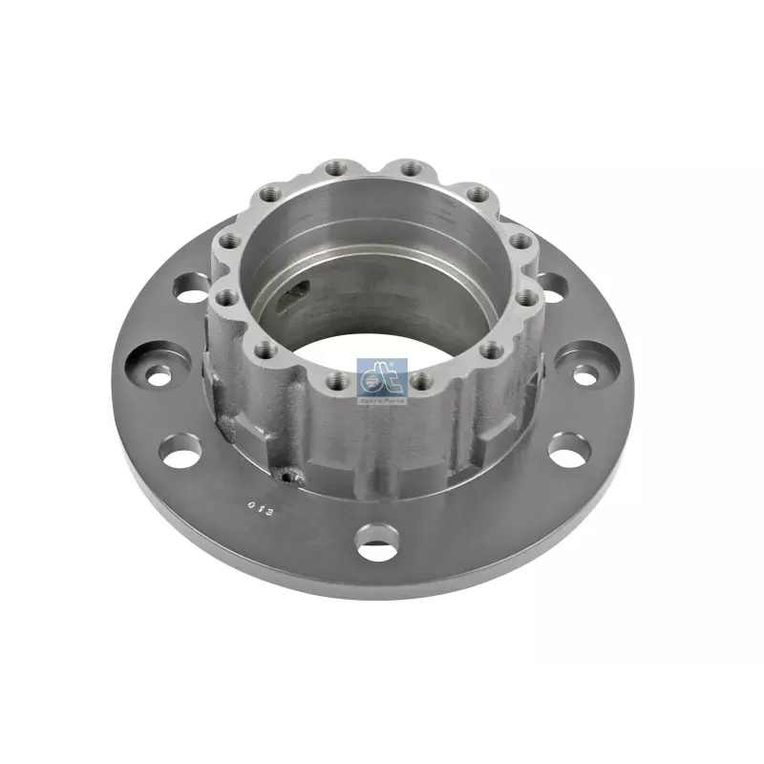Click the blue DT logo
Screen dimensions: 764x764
pyautogui.click(x=382, y=378)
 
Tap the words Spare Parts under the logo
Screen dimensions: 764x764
pyautogui.click(x=382, y=402)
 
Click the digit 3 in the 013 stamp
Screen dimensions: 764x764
pyautogui.click(x=269, y=512)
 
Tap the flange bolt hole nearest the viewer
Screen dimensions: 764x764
pyautogui.click(x=375, y=544)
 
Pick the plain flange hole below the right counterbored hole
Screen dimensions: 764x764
pyautogui.click(x=570, y=450)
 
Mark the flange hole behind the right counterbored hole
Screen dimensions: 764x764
pyautogui.click(x=551, y=286)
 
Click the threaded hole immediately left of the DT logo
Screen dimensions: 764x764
pyautogui.click(x=336, y=382)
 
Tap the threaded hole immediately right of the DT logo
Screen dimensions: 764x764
pyautogui.click(x=422, y=382)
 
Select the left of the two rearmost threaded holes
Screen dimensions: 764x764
pyautogui.click(x=334, y=170)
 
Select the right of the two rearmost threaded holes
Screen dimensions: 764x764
pyautogui.click(x=410, y=169)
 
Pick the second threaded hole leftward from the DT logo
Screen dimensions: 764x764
pyautogui.click(x=267, y=350)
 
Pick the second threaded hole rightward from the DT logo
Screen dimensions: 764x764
pyautogui.click(x=492, y=350)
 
